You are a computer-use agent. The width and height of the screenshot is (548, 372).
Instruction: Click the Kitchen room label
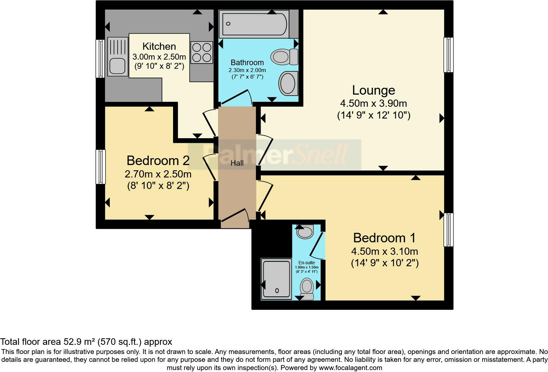159,46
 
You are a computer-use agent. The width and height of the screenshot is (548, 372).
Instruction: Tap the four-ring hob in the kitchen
202,53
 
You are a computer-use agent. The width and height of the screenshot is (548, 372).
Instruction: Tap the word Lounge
374,90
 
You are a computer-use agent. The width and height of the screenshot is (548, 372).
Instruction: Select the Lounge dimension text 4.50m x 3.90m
374,103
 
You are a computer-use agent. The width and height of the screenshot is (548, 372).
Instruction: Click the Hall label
237,163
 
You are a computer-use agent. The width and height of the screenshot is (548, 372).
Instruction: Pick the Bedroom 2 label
158,160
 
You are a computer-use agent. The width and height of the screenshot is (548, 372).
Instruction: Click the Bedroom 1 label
384,238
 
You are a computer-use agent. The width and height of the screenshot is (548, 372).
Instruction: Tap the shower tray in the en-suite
277,279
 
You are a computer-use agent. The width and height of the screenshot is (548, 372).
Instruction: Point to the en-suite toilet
307,288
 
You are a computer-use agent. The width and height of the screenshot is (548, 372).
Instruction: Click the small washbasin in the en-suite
305,232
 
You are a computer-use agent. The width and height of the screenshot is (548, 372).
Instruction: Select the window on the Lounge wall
448,55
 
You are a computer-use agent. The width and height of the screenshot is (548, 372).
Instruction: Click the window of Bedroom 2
101,167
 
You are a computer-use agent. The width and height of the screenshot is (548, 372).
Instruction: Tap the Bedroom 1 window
448,230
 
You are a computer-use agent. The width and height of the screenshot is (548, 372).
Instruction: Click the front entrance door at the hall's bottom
235,219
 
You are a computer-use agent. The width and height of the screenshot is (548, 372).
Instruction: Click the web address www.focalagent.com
350,368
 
